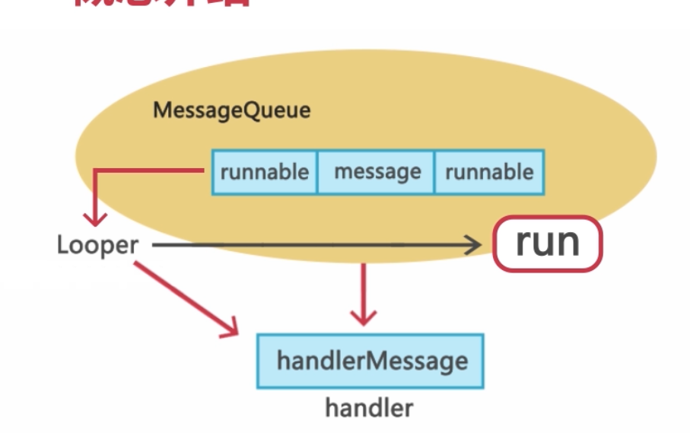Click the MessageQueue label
click(x=231, y=110)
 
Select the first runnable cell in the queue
click(x=264, y=172)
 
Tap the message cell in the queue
click(x=377, y=172)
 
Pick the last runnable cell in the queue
click(x=488, y=172)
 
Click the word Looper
click(x=97, y=245)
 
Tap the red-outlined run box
click(x=548, y=244)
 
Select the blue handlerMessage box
click(x=371, y=360)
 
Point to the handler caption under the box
click(x=369, y=408)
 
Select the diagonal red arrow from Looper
click(x=183, y=297)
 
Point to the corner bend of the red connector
click(x=95, y=171)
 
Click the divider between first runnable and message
click(x=316, y=172)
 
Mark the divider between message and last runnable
click(x=434, y=172)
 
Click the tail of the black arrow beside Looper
click(x=154, y=244)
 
